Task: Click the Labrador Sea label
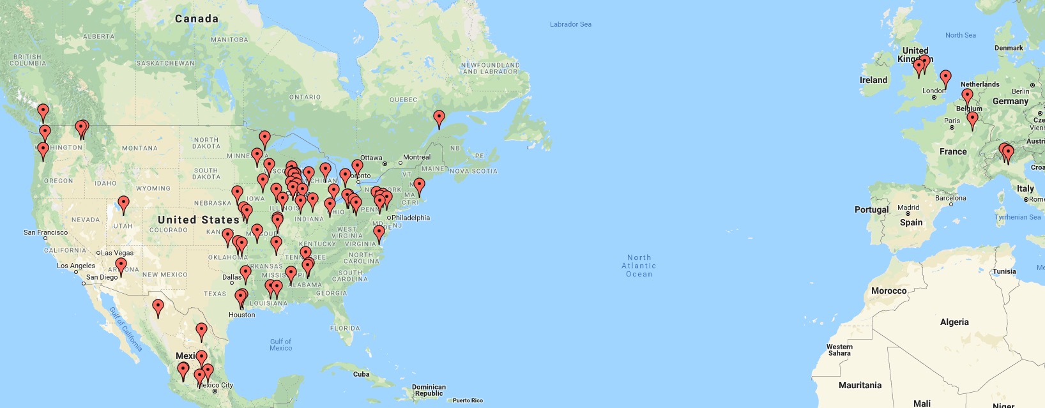570,24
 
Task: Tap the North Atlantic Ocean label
639,266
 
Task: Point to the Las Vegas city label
118,253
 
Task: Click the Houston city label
241,315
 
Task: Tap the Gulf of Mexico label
280,345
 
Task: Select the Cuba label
362,374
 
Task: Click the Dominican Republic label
429,390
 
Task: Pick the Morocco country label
889,291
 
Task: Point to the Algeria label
954,322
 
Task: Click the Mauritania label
860,385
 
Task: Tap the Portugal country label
871,209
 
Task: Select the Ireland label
873,80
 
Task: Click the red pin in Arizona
121,266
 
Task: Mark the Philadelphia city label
411,218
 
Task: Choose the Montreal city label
416,157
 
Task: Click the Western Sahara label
839,350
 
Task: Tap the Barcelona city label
950,198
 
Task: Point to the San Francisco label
45,232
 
